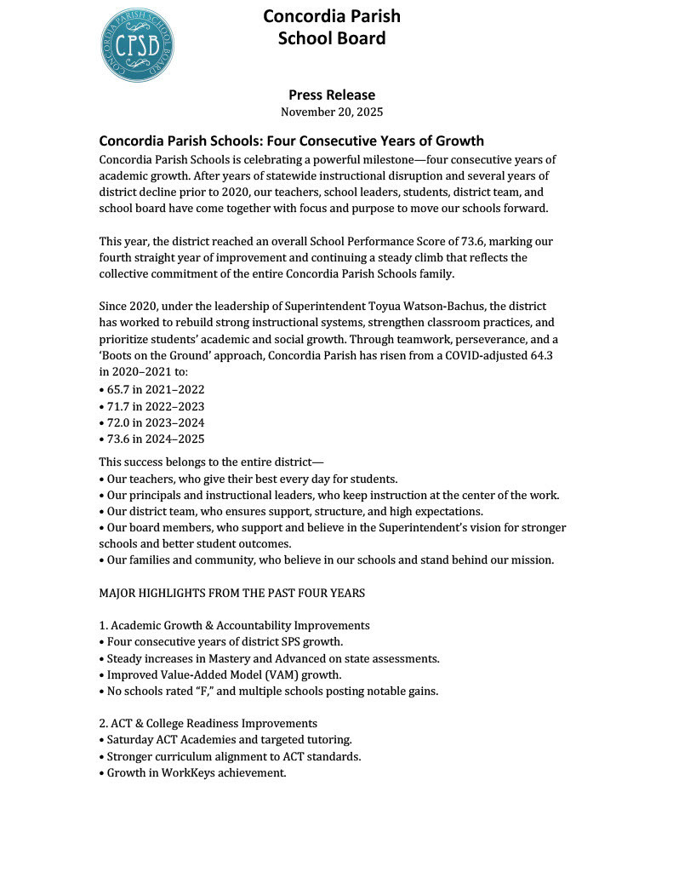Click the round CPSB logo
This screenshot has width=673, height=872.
(138, 45)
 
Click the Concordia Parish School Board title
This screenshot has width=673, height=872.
(331, 27)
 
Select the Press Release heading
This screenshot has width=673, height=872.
(331, 95)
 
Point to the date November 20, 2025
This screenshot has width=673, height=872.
(331, 112)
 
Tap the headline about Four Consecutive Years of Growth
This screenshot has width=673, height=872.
(291, 141)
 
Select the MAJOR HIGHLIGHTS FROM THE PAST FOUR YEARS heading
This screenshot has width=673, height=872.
(232, 592)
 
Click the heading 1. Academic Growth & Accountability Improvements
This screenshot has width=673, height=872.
(234, 625)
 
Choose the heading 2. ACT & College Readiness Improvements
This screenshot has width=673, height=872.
(208, 723)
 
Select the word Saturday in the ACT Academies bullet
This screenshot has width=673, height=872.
(131, 740)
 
